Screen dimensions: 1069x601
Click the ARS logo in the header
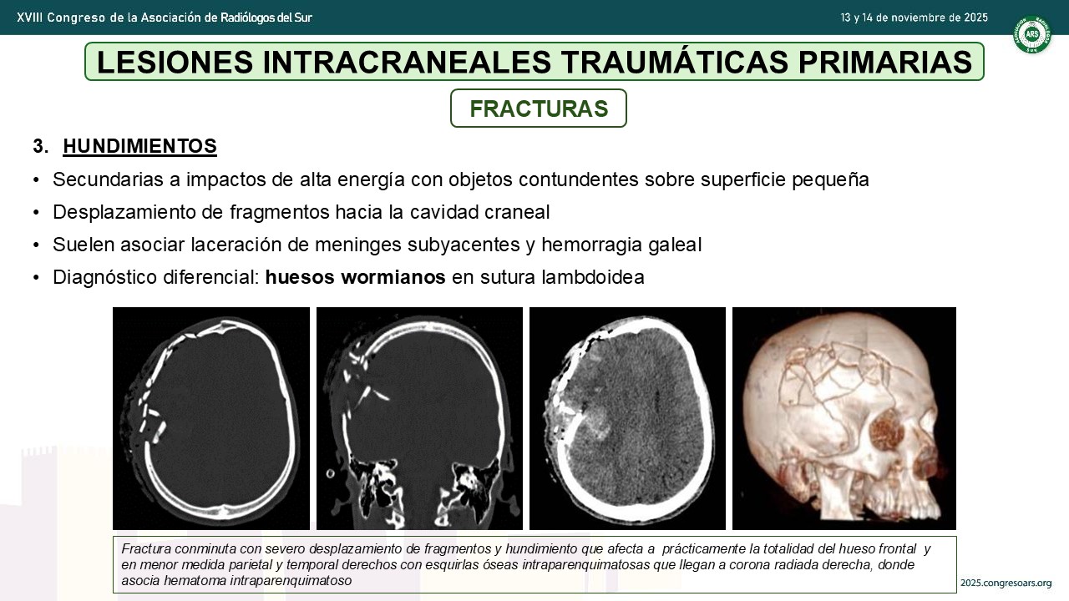tap(1032, 34)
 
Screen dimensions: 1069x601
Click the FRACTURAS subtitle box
tap(539, 109)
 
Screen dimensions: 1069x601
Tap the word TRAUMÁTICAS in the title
tap(674, 62)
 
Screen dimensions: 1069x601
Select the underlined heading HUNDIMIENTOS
tap(139, 146)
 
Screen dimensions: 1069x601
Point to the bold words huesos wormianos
tap(355, 277)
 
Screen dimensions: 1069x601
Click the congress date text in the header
tap(914, 18)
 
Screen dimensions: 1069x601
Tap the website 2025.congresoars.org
tap(1006, 583)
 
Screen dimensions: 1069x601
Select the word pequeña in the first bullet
tap(830, 180)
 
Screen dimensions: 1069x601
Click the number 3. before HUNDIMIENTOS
tap(41, 146)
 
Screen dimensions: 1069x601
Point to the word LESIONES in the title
tap(175, 62)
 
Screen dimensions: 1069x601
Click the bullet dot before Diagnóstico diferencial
tap(36, 278)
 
